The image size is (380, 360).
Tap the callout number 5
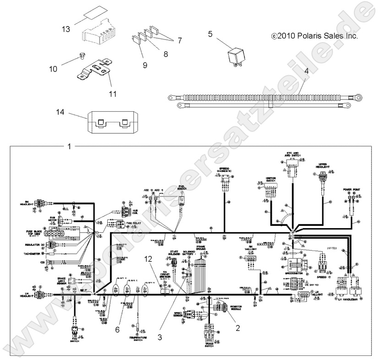(210, 33)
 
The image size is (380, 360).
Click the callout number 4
(306, 71)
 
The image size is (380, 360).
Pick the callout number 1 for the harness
(69, 147)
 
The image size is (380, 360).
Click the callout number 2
(237, 327)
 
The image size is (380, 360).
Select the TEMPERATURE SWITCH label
(138, 338)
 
